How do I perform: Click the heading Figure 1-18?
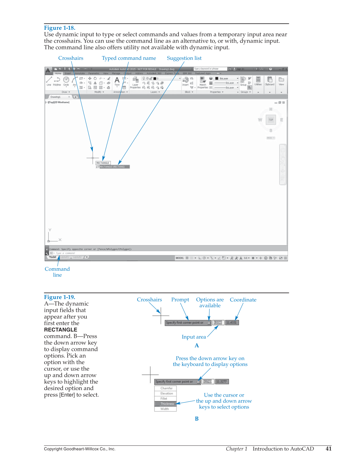pyautogui.click(x=60, y=28)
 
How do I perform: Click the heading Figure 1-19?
pyautogui.click(x=60, y=297)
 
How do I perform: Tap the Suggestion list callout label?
pyautogui.click(x=184, y=58)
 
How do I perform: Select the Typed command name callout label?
pyautogui.click(x=129, y=58)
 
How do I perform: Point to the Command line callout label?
pyautogui.click(x=57, y=272)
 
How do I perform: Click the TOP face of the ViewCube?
pyautogui.click(x=271, y=120)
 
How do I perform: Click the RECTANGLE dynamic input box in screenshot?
pyautogui.click(x=103, y=163)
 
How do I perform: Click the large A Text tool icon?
pyautogui.click(x=117, y=81)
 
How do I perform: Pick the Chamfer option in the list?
pyautogui.click(x=166, y=388)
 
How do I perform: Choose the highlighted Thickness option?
pyautogui.click(x=167, y=404)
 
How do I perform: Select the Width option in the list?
pyautogui.click(x=165, y=409)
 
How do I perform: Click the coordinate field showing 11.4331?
pyautogui.click(x=232, y=322)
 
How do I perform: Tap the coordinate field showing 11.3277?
pyautogui.click(x=222, y=382)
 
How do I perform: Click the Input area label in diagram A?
pyautogui.click(x=194, y=337)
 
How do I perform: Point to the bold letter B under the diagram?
pyautogui.click(x=197, y=419)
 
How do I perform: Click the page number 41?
pyautogui.click(x=328, y=449)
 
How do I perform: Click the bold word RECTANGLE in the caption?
pyautogui.click(x=60, y=330)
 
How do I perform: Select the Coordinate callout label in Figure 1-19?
pyautogui.click(x=243, y=300)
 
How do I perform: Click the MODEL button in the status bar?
pyautogui.click(x=180, y=258)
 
